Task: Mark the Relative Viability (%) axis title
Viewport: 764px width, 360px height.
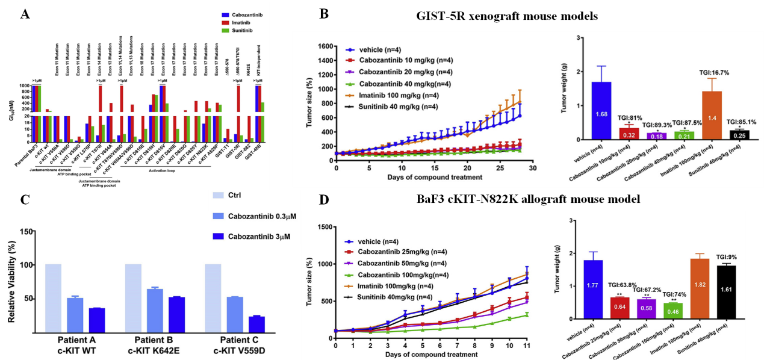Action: click(x=12, y=279)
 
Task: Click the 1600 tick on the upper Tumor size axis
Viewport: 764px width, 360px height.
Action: click(x=325, y=46)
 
